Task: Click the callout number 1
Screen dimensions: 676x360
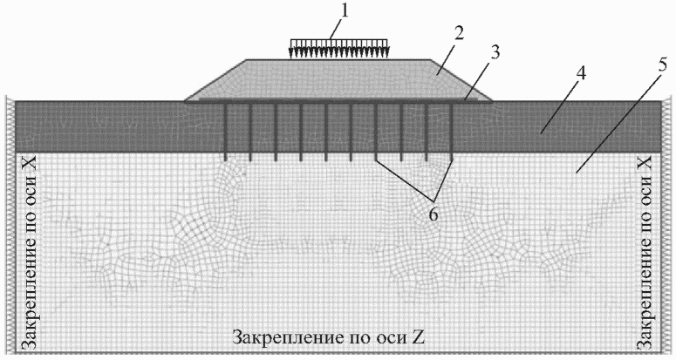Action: [x=343, y=11]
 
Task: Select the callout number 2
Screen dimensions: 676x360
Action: [x=459, y=34]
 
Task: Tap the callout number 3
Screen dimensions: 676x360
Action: [x=495, y=53]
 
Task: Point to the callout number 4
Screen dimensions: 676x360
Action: [x=581, y=74]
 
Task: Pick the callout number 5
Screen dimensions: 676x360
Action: [x=663, y=65]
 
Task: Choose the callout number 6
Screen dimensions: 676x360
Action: [x=434, y=214]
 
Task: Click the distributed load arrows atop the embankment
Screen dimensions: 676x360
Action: [x=338, y=48]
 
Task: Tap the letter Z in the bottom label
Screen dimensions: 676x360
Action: [x=418, y=337]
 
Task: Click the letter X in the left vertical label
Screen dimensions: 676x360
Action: [x=29, y=163]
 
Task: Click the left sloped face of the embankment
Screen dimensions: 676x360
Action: [x=215, y=80]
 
